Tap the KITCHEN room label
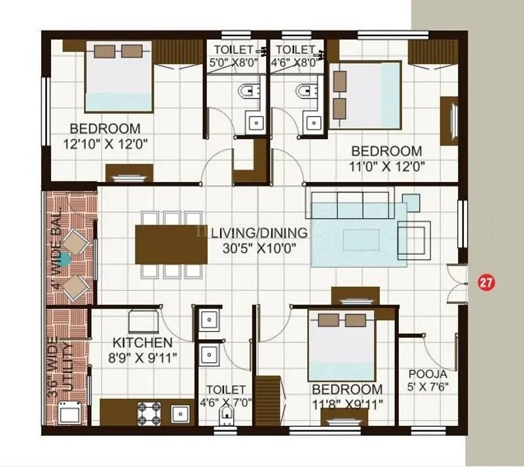click(143, 343)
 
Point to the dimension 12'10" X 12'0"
click(105, 143)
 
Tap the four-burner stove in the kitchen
click(149, 413)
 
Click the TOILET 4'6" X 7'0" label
click(225, 396)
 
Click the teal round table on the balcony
click(65, 260)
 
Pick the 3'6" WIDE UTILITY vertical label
click(64, 364)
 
